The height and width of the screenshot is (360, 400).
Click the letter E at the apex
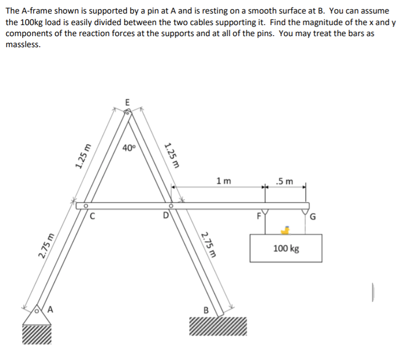click(x=127, y=101)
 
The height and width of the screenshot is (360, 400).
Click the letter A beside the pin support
click(x=50, y=309)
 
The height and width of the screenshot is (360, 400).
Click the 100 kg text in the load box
click(x=287, y=248)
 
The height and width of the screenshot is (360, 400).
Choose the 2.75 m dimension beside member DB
click(x=207, y=245)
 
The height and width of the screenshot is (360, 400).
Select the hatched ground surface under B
click(x=218, y=326)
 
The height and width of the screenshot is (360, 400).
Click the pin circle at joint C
click(x=86, y=205)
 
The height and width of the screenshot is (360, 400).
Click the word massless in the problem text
click(x=22, y=44)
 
